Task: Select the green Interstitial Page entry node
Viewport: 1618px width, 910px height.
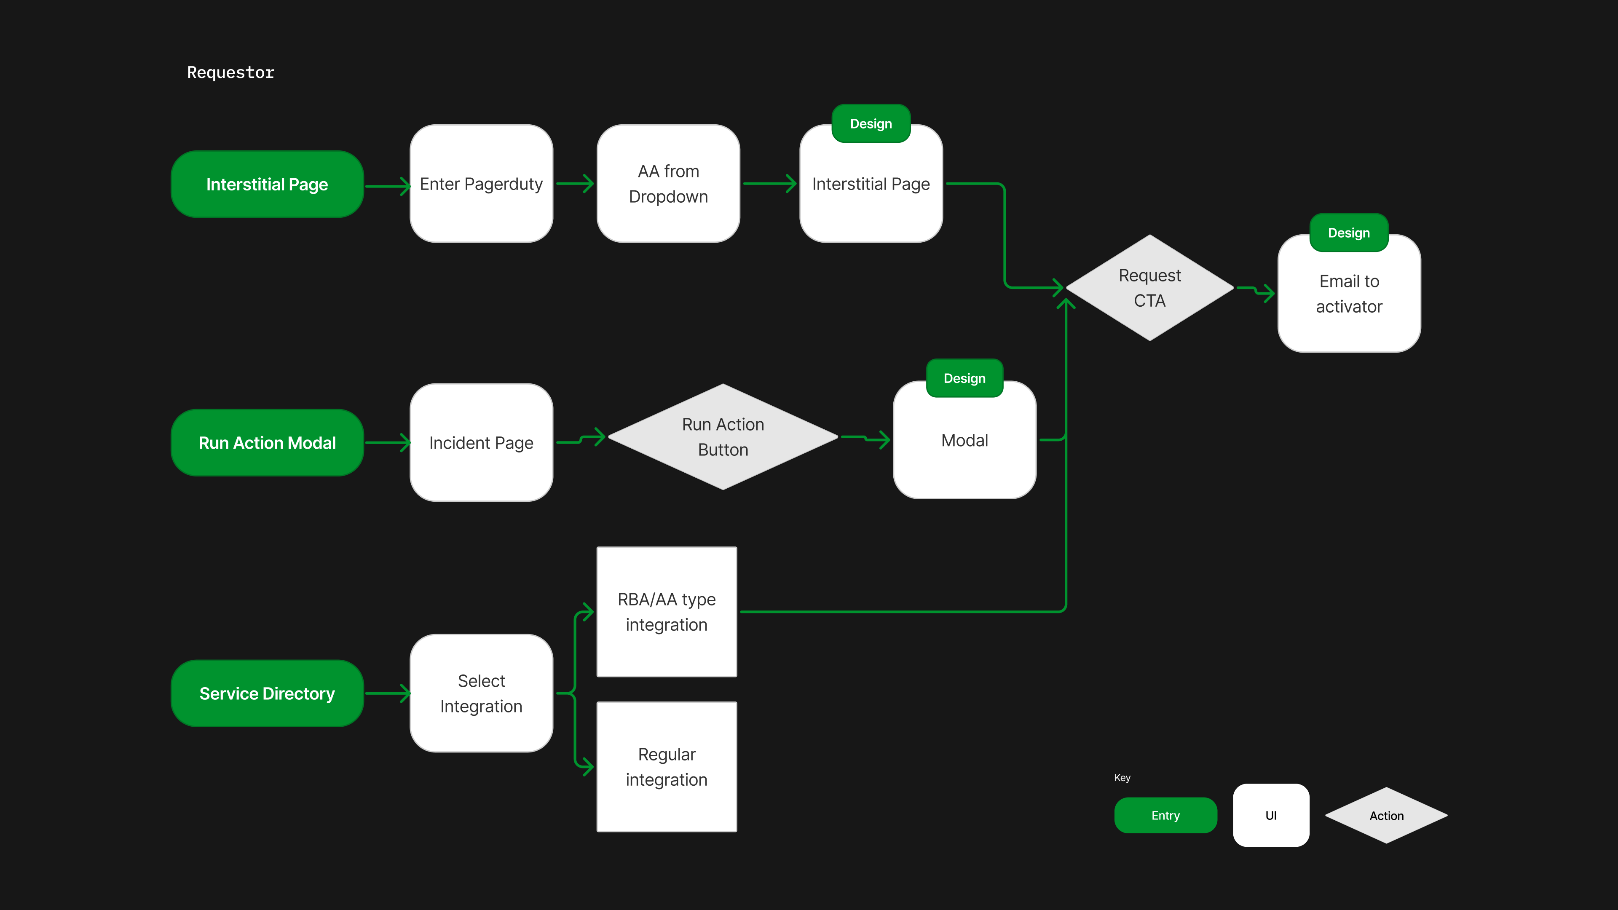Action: click(267, 184)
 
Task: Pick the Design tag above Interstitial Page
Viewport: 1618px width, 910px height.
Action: click(871, 124)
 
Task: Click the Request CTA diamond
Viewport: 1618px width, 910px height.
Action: click(1149, 288)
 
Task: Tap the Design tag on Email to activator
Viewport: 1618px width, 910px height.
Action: click(1348, 233)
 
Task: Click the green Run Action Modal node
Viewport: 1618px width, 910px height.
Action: click(267, 443)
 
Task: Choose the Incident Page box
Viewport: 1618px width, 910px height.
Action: click(481, 443)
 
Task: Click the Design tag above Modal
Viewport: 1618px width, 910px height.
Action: click(964, 378)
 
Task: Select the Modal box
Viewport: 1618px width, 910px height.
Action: click(964, 441)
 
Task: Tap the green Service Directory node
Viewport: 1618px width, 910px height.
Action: click(267, 693)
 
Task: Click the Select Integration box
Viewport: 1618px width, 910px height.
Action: click(481, 693)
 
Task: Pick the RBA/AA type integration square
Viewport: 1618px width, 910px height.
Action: click(667, 612)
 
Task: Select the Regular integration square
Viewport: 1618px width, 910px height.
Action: click(667, 767)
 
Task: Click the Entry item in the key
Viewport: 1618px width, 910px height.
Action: click(1165, 815)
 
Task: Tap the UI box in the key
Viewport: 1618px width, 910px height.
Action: click(1271, 815)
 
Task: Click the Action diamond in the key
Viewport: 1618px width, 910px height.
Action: click(1386, 815)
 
